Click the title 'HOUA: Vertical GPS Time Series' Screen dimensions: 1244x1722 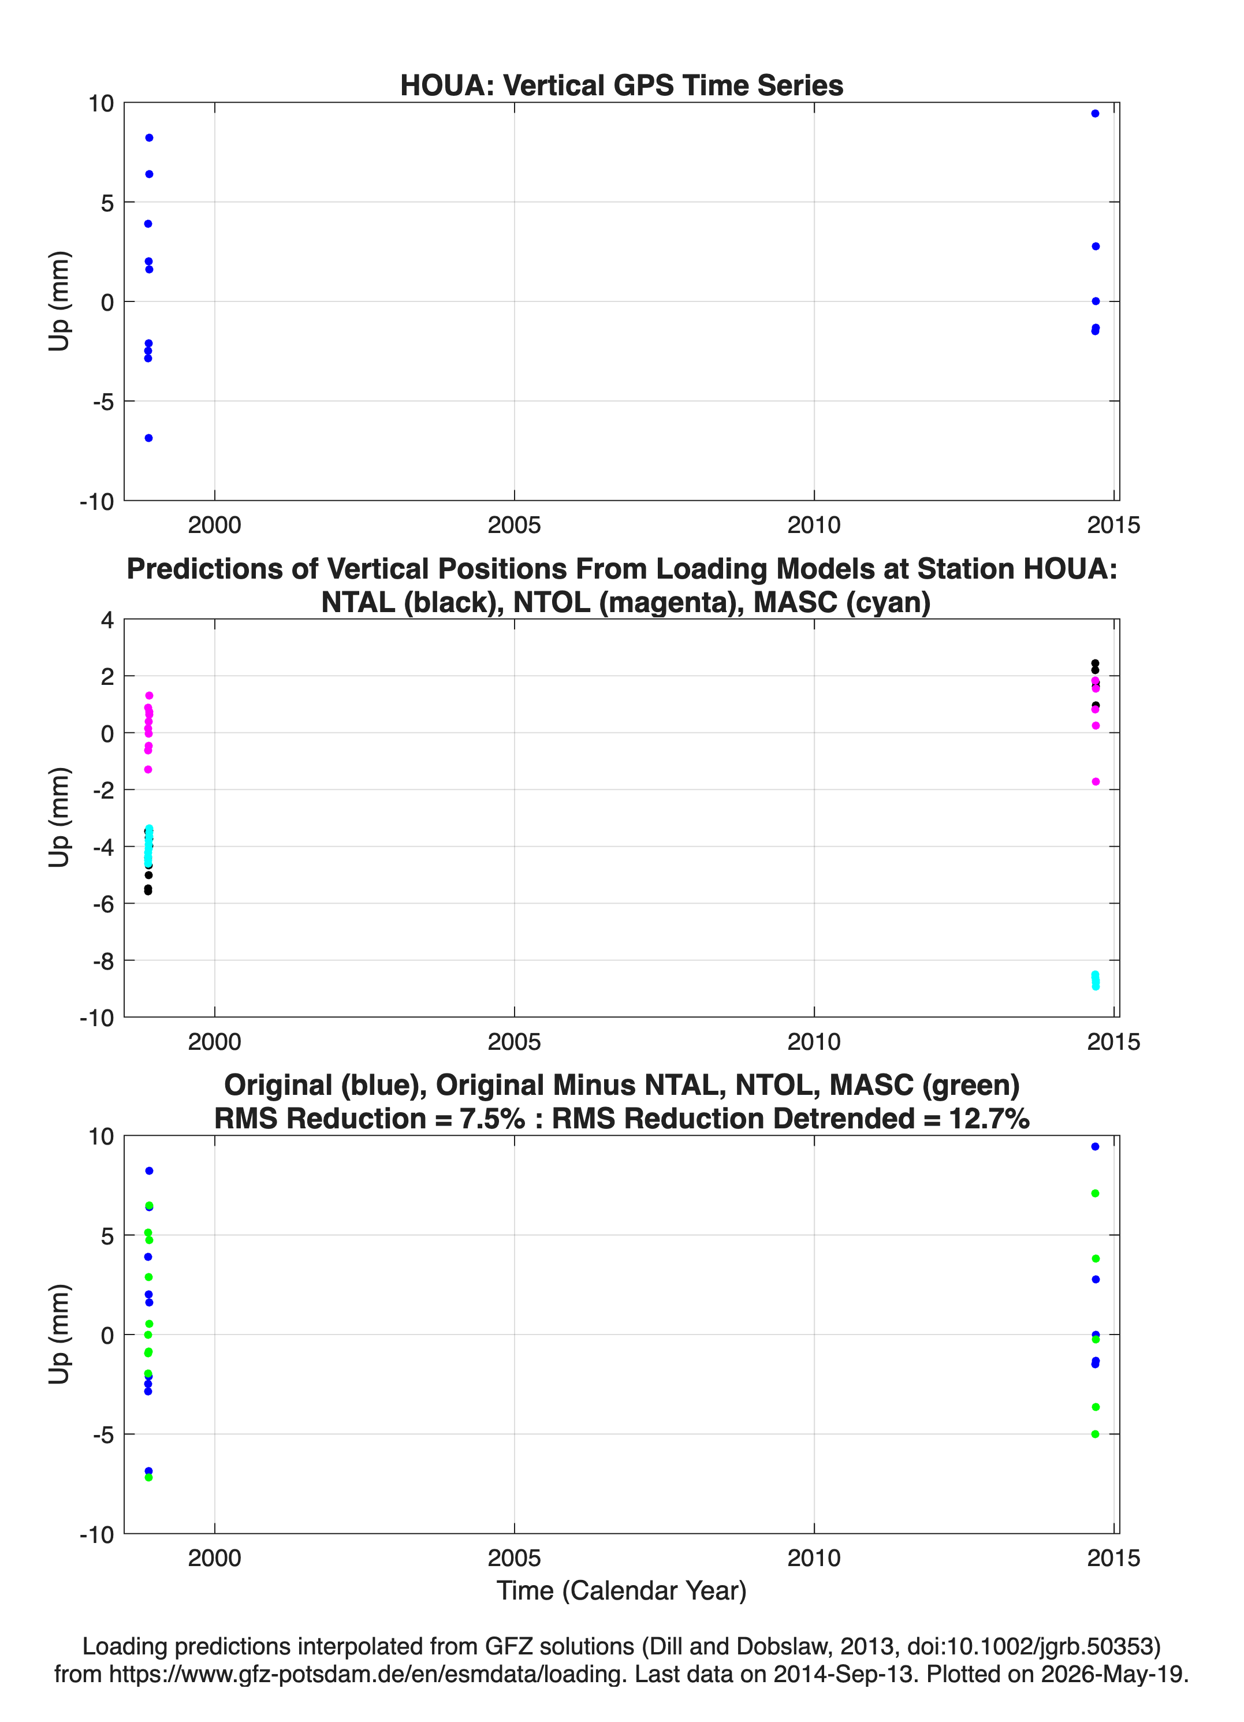(x=621, y=85)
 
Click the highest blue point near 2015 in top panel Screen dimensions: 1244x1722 (x=1095, y=114)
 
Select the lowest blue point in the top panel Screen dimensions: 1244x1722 (x=149, y=438)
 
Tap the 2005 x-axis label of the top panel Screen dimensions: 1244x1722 (x=514, y=525)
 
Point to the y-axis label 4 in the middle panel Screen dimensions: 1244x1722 (x=107, y=620)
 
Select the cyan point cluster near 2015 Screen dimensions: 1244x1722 (x=1095, y=980)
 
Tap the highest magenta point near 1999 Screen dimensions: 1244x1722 (x=150, y=695)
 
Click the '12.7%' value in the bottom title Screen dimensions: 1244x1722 (x=989, y=1119)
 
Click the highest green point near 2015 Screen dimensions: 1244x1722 (x=1095, y=1194)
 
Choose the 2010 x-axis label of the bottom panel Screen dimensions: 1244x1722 (x=814, y=1558)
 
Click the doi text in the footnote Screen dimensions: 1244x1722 (x=1034, y=1646)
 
